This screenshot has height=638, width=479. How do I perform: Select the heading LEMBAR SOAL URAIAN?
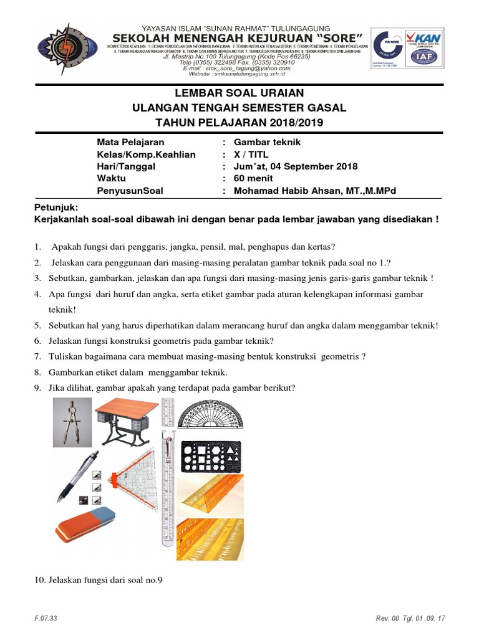click(239, 93)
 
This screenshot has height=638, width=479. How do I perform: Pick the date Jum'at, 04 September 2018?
click(296, 166)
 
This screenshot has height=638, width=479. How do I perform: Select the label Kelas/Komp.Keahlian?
click(146, 155)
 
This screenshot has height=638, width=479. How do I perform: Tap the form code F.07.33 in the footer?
click(46, 617)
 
